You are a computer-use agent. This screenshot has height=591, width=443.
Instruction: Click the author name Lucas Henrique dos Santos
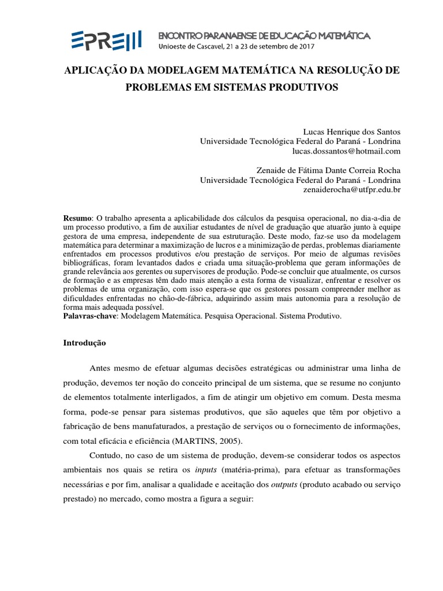351,132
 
